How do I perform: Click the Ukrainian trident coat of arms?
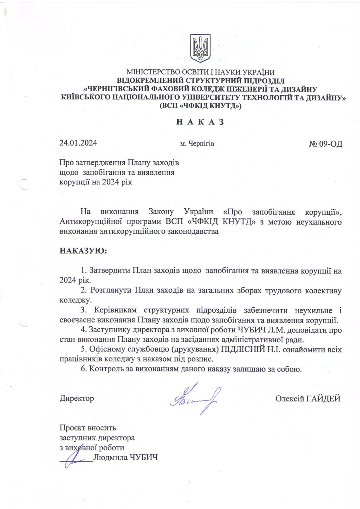[200, 48]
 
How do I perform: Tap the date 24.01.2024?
[78, 143]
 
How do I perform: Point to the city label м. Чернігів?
[197, 144]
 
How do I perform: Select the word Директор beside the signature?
[77, 398]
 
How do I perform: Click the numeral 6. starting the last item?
[84, 369]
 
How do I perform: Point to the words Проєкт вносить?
[88, 428]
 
